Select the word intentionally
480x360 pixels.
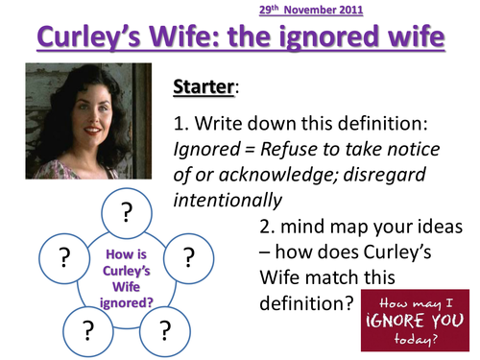click(x=228, y=201)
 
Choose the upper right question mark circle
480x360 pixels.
click(x=188, y=255)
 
